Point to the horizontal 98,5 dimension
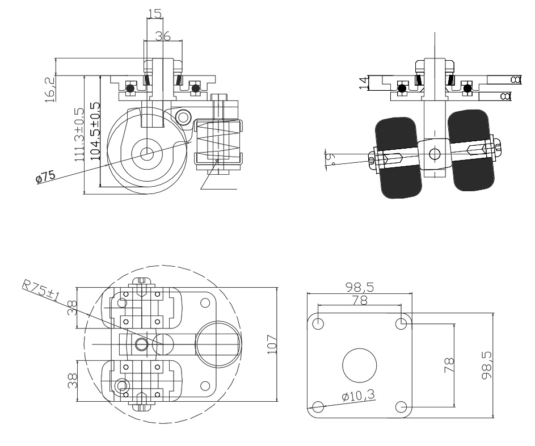(359, 287)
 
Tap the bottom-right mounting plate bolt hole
(402, 407)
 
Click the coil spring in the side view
(217, 142)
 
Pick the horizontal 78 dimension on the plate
(359, 300)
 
